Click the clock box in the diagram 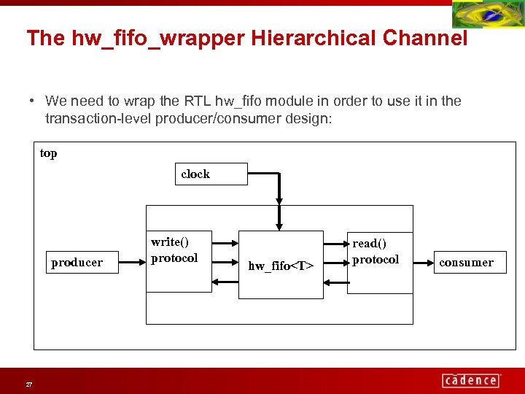pyautogui.click(x=211, y=174)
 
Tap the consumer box pyautogui.click(x=467, y=262)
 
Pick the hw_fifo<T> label pyautogui.click(x=281, y=266)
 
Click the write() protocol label pyautogui.click(x=174, y=250)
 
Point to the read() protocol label pyautogui.click(x=376, y=252)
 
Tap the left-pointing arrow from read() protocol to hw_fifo pyautogui.click(x=335, y=281)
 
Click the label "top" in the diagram pyautogui.click(x=49, y=153)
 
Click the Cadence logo pyautogui.click(x=471, y=380)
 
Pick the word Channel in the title pyautogui.click(x=434, y=38)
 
